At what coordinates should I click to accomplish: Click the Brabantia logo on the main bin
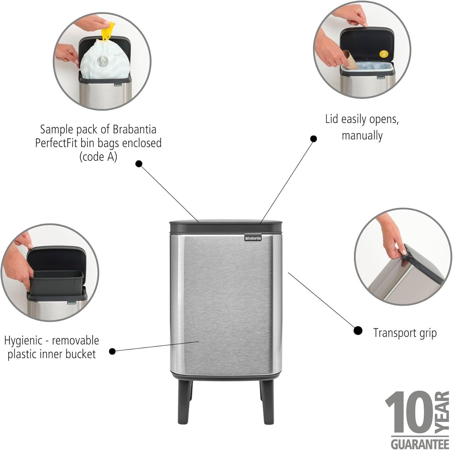coord(253,238)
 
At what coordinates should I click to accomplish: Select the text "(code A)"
coord(98,157)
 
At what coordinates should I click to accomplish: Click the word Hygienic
coord(23,341)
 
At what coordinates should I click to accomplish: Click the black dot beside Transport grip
coord(358,330)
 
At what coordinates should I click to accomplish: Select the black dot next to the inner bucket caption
coord(112,351)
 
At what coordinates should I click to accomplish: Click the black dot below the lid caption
coord(314,138)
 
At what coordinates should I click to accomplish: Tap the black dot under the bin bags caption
coord(139,163)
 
